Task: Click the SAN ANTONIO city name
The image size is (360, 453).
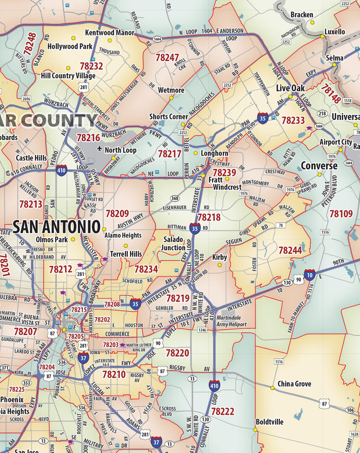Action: pos(56,227)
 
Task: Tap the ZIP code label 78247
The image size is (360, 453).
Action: pos(167,57)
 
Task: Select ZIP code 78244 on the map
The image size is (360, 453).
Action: pos(290,250)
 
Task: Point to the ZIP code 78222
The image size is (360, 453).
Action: pos(222,411)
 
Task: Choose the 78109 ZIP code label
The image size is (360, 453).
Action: pos(341,214)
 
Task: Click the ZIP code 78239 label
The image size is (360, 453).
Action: pos(224,172)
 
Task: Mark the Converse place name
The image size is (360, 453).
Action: pos(319,166)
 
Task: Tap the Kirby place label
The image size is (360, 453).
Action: pos(219,257)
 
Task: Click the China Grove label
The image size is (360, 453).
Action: pos(294,384)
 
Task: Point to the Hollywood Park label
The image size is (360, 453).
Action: pos(70,46)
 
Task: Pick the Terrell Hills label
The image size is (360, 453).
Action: pos(126,254)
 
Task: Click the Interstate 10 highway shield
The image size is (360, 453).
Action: pos(310,275)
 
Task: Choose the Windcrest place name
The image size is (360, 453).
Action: pos(227,188)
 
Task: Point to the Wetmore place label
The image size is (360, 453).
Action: pos(171,90)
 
